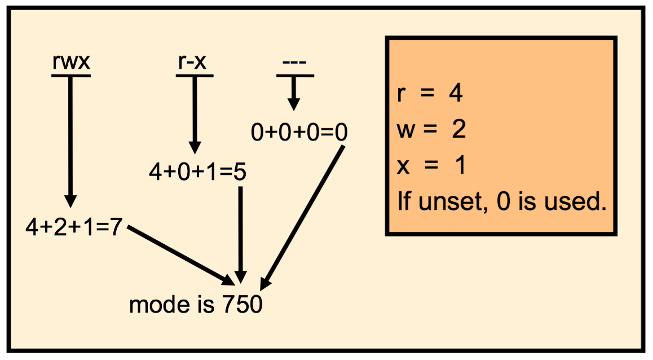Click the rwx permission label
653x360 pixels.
pyautogui.click(x=71, y=62)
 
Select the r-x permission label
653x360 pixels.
pyautogui.click(x=194, y=62)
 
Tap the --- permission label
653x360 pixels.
pyautogui.click(x=294, y=63)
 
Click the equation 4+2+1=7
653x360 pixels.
pyautogui.click(x=74, y=228)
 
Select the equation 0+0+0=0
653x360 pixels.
pyautogui.click(x=299, y=133)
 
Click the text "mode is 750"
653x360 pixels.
pyautogui.click(x=196, y=305)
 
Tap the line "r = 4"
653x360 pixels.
pyautogui.click(x=430, y=94)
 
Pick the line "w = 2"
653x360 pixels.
pyautogui.click(x=431, y=130)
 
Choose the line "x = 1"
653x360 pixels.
pyautogui.click(x=431, y=166)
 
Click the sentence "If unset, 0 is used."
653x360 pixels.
pyautogui.click(x=501, y=201)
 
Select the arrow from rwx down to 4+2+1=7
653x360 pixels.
pyautogui.click(x=70, y=141)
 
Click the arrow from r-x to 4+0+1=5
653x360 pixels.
pyautogui.click(x=195, y=113)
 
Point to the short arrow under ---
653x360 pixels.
pyautogui.click(x=293, y=93)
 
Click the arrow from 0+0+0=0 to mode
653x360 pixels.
pyautogui.click(x=305, y=214)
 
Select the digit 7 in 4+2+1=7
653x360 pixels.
pyautogui.click(x=116, y=228)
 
